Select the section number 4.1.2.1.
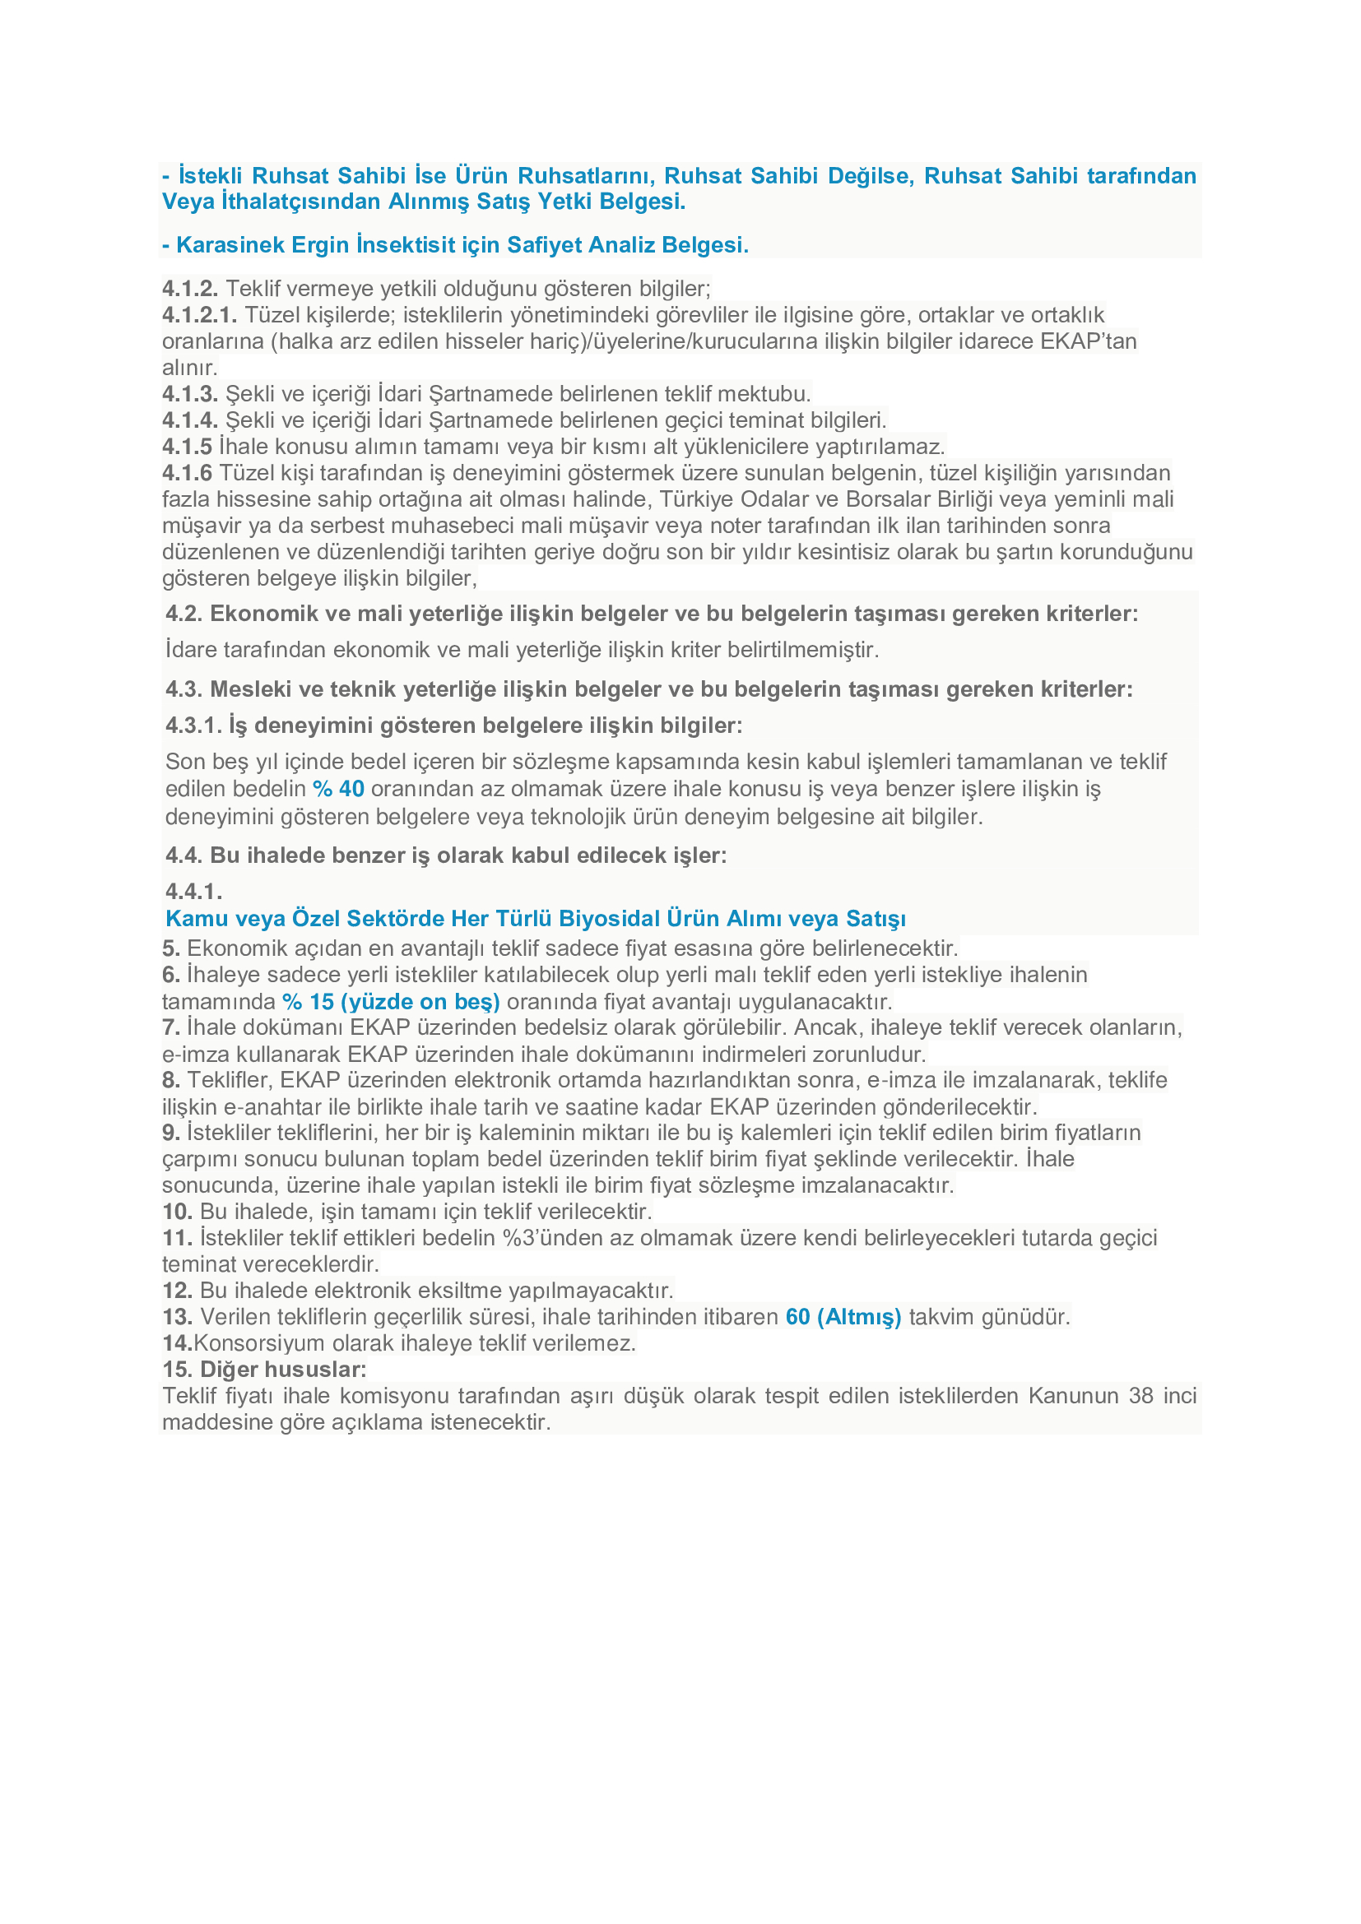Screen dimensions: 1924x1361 coord(199,315)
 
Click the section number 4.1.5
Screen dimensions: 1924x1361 coord(187,447)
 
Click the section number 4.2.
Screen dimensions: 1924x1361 coord(184,614)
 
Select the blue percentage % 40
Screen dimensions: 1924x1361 coord(338,789)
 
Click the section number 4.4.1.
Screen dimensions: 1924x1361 coord(193,891)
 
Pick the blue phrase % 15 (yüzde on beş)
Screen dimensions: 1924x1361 coord(392,1001)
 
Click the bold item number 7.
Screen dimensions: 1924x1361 coord(171,1027)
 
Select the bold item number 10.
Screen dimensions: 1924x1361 coord(177,1212)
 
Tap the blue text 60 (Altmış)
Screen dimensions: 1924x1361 coord(843,1316)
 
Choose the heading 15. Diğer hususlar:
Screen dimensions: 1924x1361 coord(264,1370)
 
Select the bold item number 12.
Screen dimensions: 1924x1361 coord(177,1291)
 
